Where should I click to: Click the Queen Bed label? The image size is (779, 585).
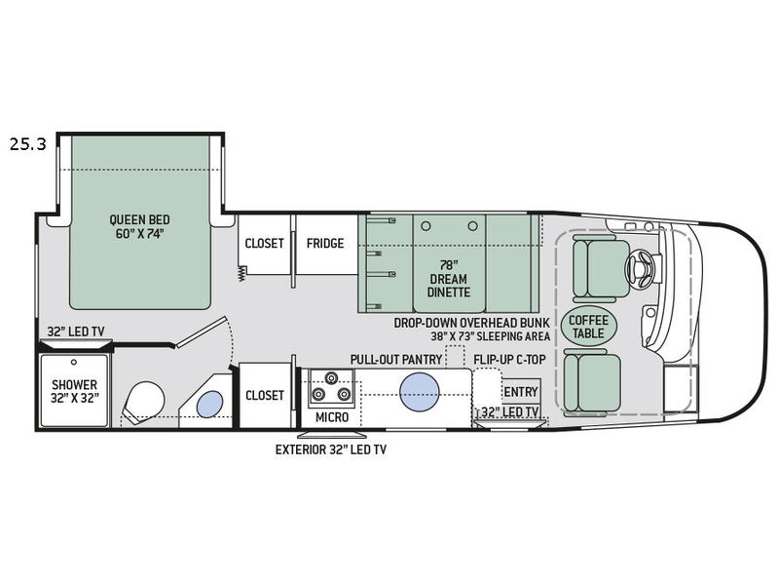click(x=139, y=227)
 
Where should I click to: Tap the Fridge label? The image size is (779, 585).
click(x=325, y=243)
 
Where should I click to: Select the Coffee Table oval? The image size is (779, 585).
click(x=589, y=327)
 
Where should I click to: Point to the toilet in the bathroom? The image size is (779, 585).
click(x=143, y=402)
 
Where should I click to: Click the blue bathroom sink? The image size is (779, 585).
click(x=209, y=404)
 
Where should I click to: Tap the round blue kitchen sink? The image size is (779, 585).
click(x=420, y=392)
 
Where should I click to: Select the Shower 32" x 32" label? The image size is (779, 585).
click(x=75, y=391)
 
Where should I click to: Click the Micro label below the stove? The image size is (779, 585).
click(x=332, y=417)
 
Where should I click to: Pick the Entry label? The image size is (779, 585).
click(x=521, y=392)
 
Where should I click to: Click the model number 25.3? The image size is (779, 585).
click(x=28, y=144)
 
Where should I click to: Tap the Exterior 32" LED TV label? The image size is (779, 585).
click(x=331, y=449)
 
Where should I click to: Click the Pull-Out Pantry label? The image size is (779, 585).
click(x=396, y=359)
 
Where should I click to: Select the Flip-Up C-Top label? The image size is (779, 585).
click(x=509, y=359)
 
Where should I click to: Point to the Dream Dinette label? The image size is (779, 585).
click(x=449, y=279)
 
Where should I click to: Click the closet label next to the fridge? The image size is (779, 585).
click(x=264, y=243)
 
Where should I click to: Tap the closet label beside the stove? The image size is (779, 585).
click(x=264, y=395)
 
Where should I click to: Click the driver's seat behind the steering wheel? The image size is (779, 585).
click(x=600, y=269)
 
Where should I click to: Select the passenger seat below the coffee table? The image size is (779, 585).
click(x=592, y=380)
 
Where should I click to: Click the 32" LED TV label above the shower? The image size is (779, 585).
click(x=76, y=331)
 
